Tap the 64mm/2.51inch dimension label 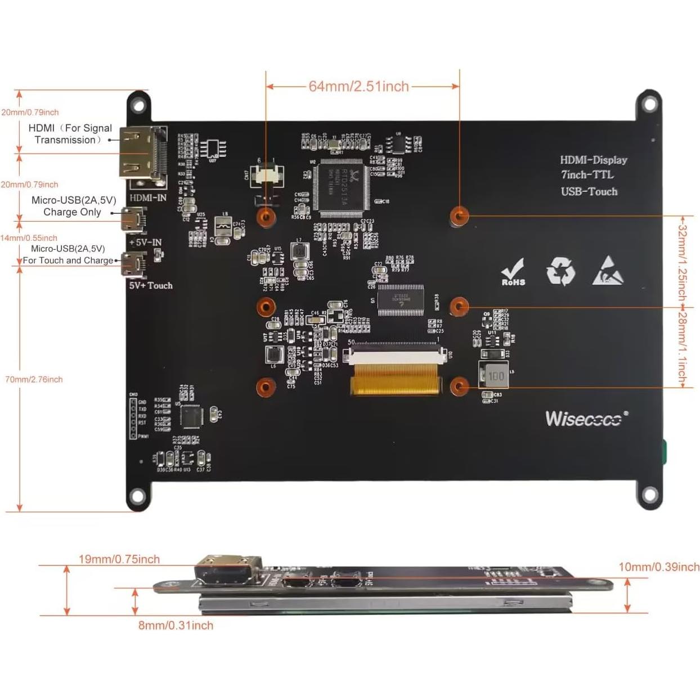(x=358, y=87)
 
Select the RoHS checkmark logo (x=513, y=272)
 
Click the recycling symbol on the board (x=560, y=271)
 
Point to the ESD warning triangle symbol (x=608, y=271)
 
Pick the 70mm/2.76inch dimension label (x=34, y=380)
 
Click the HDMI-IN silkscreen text (x=148, y=198)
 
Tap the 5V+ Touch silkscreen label (x=151, y=286)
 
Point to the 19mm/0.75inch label (x=119, y=559)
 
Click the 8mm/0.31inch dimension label (x=176, y=625)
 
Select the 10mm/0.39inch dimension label (x=658, y=567)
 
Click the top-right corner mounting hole (x=649, y=105)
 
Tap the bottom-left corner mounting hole (x=137, y=496)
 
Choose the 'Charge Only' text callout (x=72, y=212)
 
